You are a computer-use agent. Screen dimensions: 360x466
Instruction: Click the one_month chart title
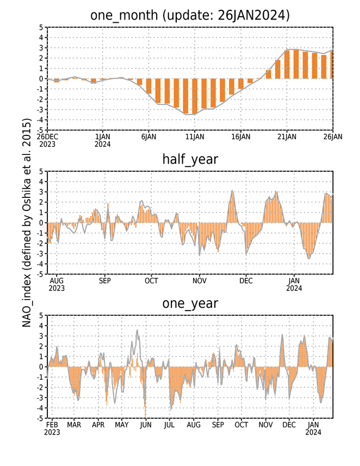pyautogui.click(x=190, y=15)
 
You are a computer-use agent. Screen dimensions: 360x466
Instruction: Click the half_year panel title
pyautogui.click(x=190, y=159)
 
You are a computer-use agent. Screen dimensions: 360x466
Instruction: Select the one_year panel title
pyautogui.click(x=190, y=303)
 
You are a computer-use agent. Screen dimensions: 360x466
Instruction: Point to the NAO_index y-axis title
pyautogui.click(x=27, y=223)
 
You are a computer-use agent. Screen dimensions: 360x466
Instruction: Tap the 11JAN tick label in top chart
pyautogui.click(x=195, y=136)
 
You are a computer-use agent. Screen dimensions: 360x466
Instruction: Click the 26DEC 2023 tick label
pyautogui.click(x=47, y=140)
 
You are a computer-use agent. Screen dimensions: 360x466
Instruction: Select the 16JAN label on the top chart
pyautogui.click(x=241, y=136)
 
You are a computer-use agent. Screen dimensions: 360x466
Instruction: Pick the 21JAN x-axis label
pyautogui.click(x=287, y=136)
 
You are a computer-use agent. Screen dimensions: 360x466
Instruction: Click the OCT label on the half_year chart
pyautogui.click(x=151, y=281)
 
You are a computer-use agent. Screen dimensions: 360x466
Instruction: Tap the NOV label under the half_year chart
pyautogui.click(x=200, y=281)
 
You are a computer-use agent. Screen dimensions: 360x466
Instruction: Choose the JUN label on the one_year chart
pyautogui.click(x=146, y=425)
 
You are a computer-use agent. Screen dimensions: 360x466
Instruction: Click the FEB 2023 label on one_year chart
pyautogui.click(x=52, y=428)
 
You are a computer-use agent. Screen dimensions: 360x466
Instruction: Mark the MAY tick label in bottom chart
pyautogui.click(x=122, y=425)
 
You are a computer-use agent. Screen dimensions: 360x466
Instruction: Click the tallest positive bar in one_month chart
pyautogui.click(x=296, y=64)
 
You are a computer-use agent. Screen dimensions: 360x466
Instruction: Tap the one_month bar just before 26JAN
pyautogui.click(x=324, y=67)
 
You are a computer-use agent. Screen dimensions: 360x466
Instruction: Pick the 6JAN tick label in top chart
pyautogui.click(x=148, y=136)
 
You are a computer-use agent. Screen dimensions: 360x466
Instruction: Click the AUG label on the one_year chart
pyautogui.click(x=194, y=425)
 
